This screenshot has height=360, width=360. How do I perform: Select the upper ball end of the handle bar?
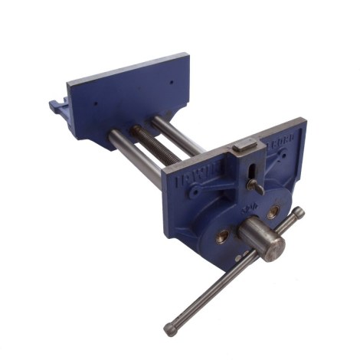pos(299,213)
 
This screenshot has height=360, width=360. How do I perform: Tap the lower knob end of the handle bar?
pos(170,329)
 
